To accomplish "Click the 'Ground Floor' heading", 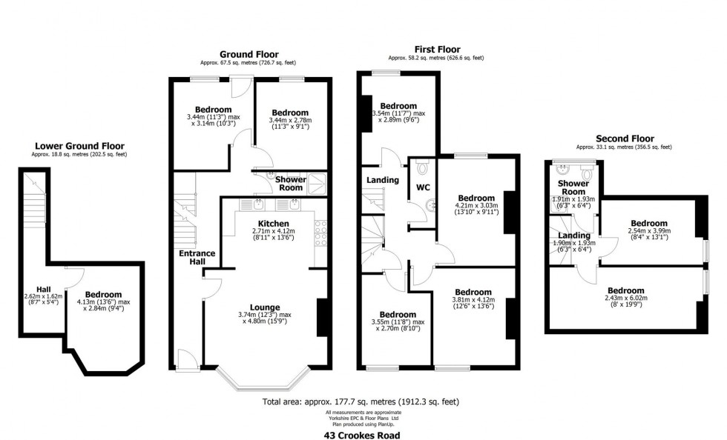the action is (x=249, y=54).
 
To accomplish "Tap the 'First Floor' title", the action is (x=437, y=49).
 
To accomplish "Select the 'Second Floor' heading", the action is (x=625, y=139).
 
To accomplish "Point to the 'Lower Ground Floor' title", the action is (x=80, y=147).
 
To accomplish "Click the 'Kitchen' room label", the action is (x=274, y=224).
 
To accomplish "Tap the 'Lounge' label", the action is (x=265, y=307).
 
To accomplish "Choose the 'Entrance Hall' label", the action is (x=197, y=258).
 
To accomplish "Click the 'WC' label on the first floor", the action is (x=423, y=187).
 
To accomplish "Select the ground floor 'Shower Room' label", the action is (x=291, y=184).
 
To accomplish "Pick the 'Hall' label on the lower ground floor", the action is (x=44, y=290).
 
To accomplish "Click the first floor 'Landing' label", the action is (x=383, y=180).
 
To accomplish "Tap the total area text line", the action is (x=361, y=401).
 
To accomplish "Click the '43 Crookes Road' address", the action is (x=362, y=435).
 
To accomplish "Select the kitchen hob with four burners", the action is (x=320, y=233).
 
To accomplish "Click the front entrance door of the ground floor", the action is (x=188, y=360).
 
